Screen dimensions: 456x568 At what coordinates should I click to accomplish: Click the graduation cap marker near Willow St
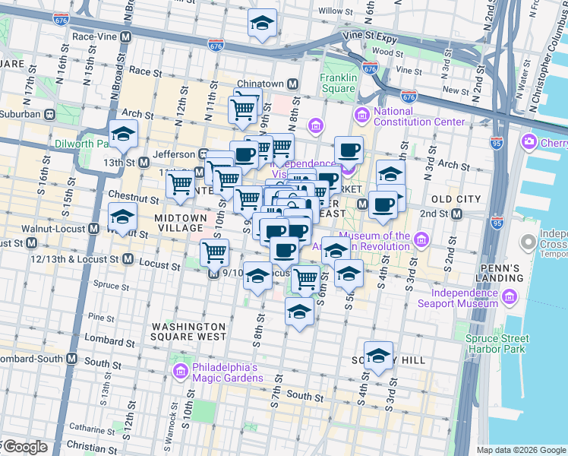tap(262, 23)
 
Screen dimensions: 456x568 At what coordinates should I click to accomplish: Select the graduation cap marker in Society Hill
tap(378, 356)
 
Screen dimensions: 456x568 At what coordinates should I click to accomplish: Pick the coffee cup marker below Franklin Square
tap(349, 150)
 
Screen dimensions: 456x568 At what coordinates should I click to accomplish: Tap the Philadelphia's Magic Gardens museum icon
tap(180, 371)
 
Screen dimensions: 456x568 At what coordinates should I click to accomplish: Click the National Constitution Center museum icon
tap(361, 116)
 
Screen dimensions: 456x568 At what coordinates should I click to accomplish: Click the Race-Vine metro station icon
tap(125, 36)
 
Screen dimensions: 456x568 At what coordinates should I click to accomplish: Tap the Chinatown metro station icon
tap(292, 84)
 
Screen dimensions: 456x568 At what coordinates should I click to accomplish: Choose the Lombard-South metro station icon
tap(72, 358)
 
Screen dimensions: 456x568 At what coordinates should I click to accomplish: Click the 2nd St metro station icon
tap(456, 214)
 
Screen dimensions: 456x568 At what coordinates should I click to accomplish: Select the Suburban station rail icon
tap(50, 114)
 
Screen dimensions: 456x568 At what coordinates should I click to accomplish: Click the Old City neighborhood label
tap(456, 199)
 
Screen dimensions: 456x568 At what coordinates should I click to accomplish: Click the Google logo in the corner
tap(25, 447)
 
